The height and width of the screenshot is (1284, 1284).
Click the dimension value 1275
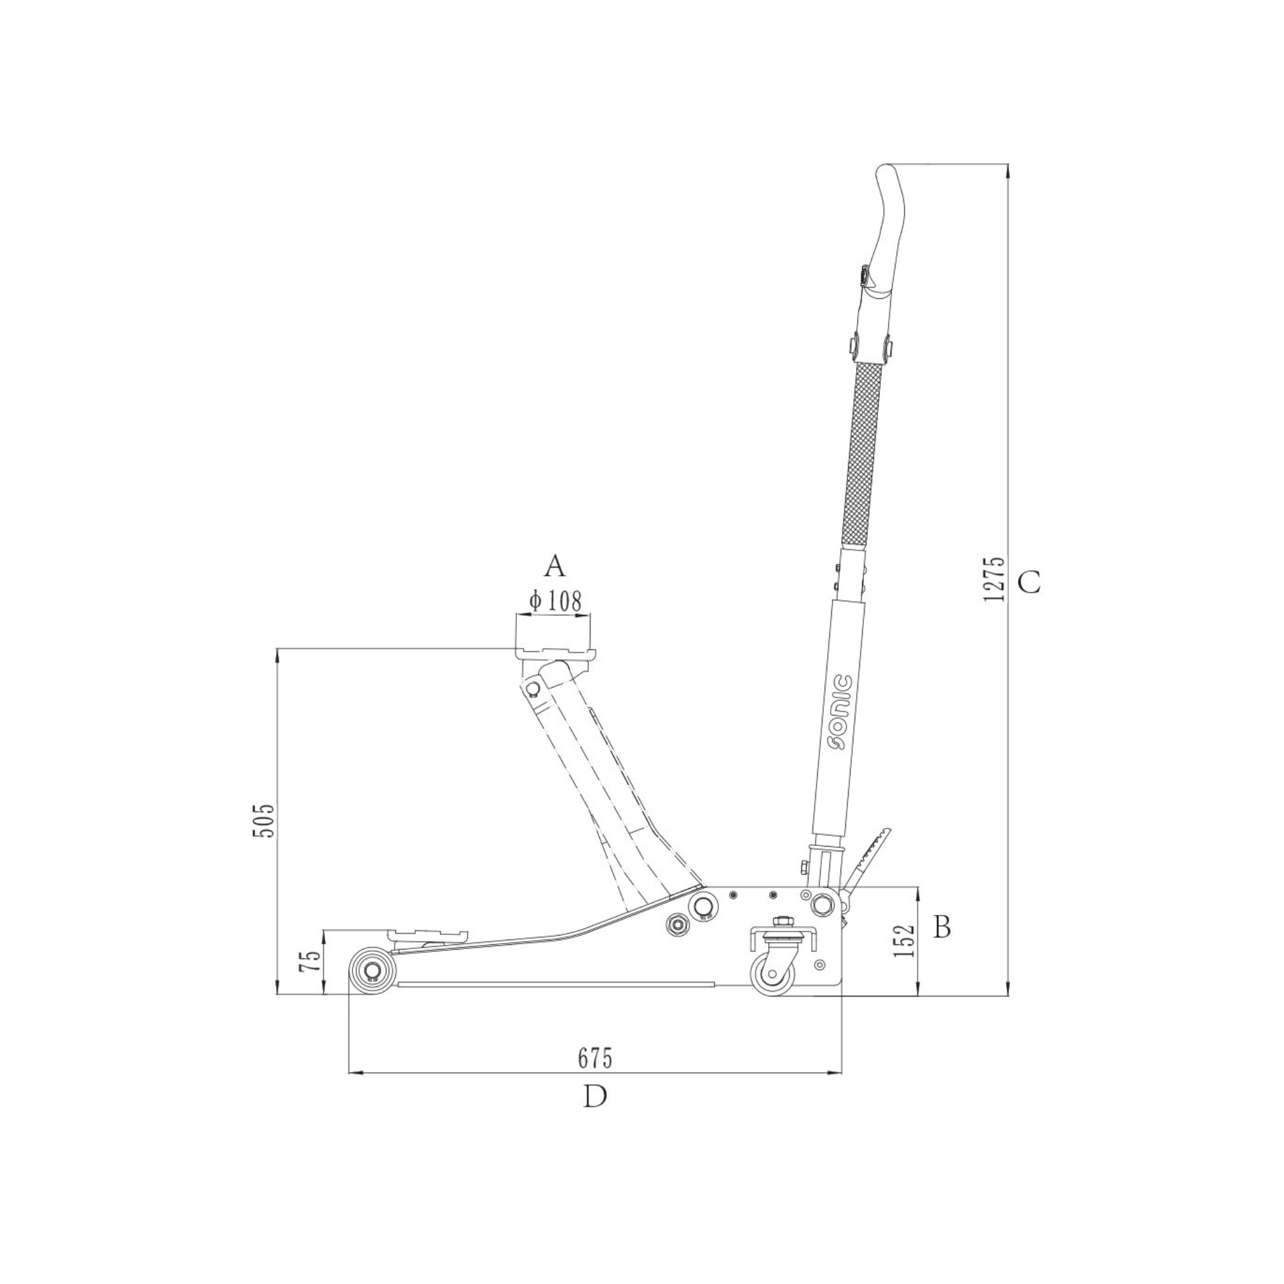(x=994, y=578)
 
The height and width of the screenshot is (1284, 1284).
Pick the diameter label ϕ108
(x=555, y=601)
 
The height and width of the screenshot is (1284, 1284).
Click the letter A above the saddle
(x=554, y=566)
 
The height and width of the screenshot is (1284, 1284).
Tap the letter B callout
(x=942, y=926)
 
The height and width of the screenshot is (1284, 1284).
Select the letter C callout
(x=1029, y=583)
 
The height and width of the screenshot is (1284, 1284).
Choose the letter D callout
(x=595, y=1096)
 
